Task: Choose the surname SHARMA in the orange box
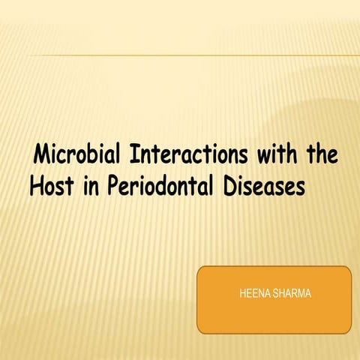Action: click(293, 293)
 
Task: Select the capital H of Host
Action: click(37, 187)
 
